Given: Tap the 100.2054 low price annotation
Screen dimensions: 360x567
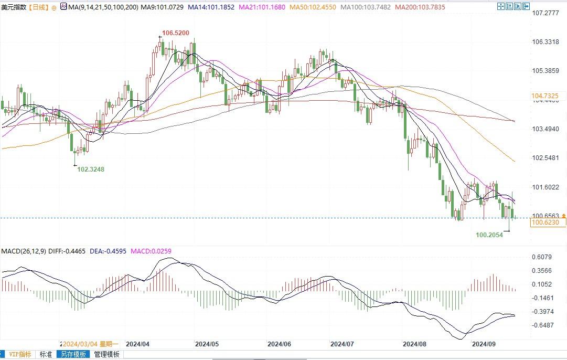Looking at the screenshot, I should coord(489,235).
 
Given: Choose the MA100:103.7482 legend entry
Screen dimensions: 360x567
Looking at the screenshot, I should coord(366,7).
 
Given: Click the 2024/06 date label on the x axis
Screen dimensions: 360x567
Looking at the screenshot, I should coord(279,344).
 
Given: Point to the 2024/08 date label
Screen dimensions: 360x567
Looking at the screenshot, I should coord(414,344).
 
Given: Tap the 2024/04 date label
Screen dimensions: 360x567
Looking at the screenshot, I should coord(138,344).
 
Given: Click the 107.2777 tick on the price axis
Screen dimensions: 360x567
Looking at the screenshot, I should coord(545,13).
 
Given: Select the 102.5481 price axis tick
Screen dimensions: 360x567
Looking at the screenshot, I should coord(545,158).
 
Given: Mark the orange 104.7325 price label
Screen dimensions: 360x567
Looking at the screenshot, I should coord(544,96).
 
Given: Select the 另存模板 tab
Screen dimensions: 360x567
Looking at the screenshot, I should coord(73,354).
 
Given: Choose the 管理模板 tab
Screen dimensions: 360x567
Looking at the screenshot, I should coord(107,354).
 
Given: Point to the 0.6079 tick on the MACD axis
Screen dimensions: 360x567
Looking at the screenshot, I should coord(542,257).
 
